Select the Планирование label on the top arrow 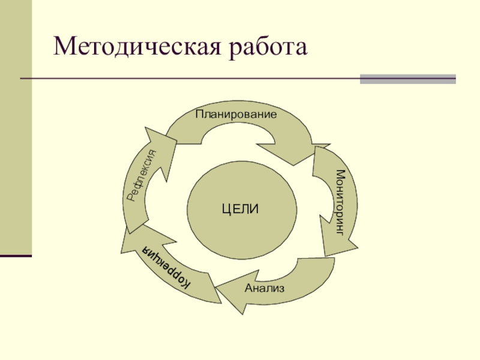[236, 113]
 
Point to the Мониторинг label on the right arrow [340, 202]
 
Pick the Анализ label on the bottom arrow [265, 288]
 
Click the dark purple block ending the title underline [407, 79]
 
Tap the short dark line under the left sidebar [16, 256]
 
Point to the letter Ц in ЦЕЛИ [225, 209]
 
